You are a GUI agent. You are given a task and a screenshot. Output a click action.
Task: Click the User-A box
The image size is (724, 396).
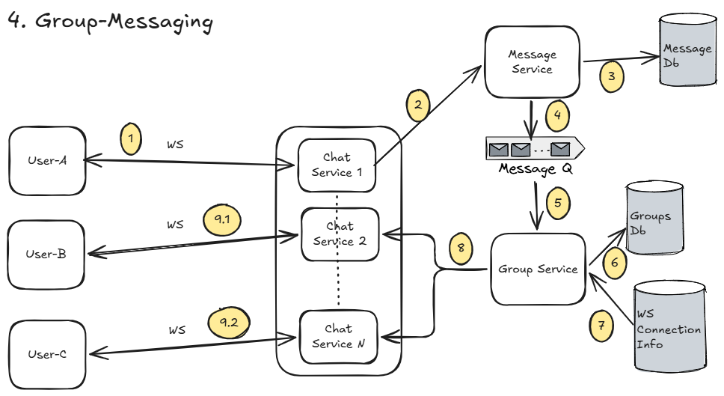(46, 159)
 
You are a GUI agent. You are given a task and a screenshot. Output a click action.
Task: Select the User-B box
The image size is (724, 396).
(46, 254)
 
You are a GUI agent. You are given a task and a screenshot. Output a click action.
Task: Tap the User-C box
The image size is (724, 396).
(46, 354)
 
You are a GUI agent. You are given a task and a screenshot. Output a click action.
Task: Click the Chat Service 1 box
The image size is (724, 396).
(337, 165)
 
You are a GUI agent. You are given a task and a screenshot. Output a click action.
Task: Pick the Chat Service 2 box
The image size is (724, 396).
(340, 234)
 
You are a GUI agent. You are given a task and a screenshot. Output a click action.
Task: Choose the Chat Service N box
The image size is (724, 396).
(338, 336)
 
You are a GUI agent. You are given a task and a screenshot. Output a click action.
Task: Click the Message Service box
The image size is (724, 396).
(532, 62)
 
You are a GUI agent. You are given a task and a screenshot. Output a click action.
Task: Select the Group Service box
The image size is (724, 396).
(538, 269)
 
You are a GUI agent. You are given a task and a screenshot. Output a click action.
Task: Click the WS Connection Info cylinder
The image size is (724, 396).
(669, 327)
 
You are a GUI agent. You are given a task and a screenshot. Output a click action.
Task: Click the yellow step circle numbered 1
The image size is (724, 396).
(132, 138)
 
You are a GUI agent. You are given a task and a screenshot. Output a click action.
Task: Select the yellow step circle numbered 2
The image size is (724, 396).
(419, 105)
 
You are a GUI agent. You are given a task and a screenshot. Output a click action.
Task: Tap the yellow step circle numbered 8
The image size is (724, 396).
(461, 249)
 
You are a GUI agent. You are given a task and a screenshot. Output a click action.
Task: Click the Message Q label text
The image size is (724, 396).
(536, 169)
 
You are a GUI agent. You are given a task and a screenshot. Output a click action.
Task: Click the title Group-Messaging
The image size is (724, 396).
(110, 21)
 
